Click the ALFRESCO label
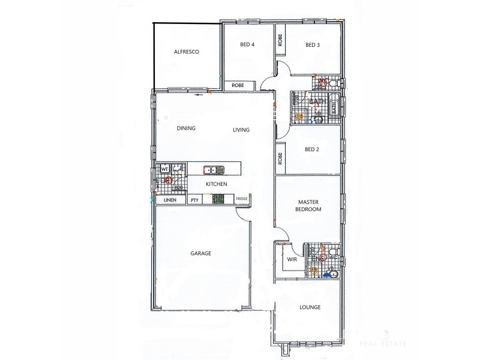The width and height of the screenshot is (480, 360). (x=186, y=52)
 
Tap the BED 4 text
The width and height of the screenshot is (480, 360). (x=248, y=45)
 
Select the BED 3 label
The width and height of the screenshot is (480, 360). (x=313, y=45)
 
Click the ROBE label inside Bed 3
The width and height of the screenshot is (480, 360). (x=280, y=41)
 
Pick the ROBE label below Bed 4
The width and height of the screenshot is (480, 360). (x=238, y=86)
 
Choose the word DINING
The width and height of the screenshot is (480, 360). (x=186, y=128)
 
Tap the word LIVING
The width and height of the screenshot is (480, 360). (x=241, y=130)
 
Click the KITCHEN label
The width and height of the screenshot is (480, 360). (x=216, y=184)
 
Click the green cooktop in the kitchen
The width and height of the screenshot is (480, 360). (x=214, y=200)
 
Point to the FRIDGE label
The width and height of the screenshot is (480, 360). (x=241, y=199)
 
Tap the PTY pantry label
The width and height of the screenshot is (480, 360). (x=194, y=200)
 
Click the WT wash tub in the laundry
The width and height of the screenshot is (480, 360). (x=164, y=169)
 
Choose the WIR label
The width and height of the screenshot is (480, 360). (x=292, y=260)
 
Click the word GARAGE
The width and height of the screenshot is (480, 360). (x=200, y=254)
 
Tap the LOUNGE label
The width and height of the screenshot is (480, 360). (x=310, y=307)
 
